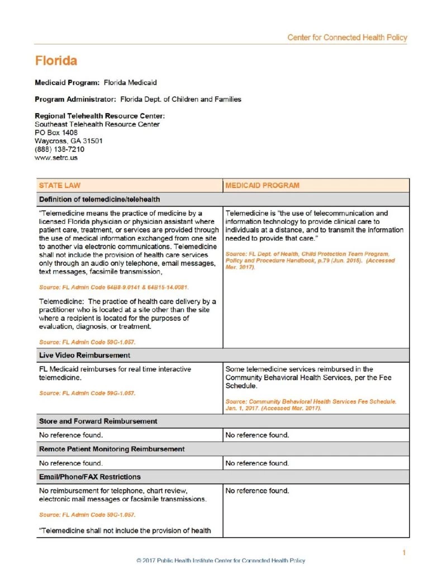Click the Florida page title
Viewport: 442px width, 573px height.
tap(56, 60)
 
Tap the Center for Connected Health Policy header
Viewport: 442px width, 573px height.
tap(347, 37)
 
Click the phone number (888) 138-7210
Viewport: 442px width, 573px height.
tap(60, 149)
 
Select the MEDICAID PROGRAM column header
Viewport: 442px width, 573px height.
tap(262, 185)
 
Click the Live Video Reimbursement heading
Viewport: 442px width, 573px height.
tap(84, 355)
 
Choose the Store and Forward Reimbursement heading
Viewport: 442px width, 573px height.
tap(98, 421)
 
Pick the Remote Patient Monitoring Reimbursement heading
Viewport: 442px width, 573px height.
tap(112, 449)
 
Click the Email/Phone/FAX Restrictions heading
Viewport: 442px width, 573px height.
tap(89, 477)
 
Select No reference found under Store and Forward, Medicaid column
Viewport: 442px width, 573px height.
tap(257, 435)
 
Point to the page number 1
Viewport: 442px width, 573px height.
tap(404, 553)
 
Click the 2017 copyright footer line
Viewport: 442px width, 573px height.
tap(221, 560)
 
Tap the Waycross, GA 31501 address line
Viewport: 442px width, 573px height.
tap(68, 141)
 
